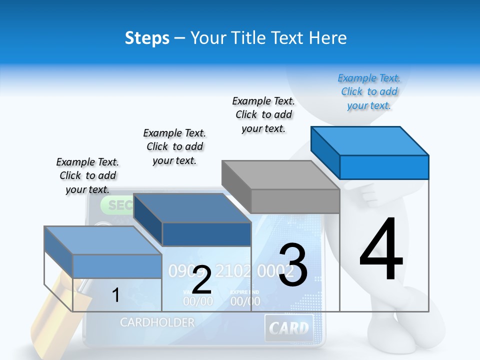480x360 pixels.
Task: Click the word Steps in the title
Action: click(x=147, y=38)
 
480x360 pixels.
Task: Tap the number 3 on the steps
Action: click(x=293, y=265)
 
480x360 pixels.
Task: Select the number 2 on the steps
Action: click(x=201, y=280)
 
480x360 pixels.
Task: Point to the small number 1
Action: click(x=115, y=295)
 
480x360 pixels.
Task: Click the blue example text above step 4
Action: click(x=369, y=92)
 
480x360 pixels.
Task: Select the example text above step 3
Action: click(x=263, y=114)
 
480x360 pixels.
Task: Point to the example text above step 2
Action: click(x=174, y=146)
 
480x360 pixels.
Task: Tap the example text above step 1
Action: click(x=87, y=175)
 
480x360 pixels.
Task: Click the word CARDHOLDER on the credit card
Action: click(x=157, y=322)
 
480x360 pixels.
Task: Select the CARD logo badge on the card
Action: click(x=289, y=328)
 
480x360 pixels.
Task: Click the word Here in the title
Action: click(x=328, y=38)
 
